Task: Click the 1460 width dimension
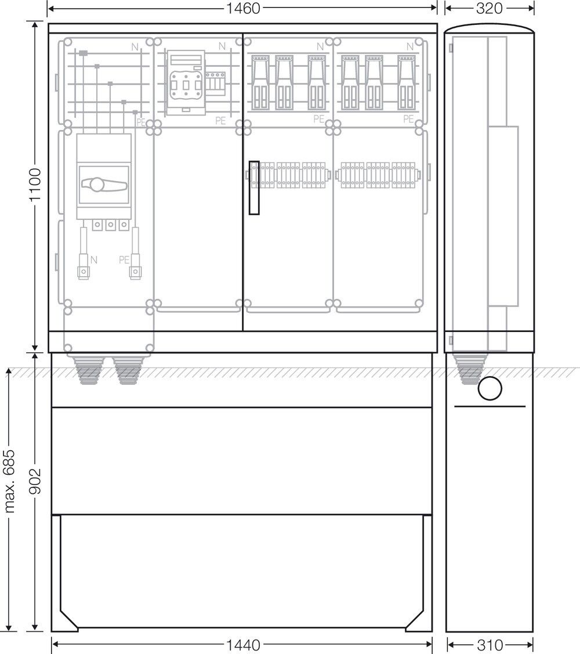pyautogui.click(x=242, y=8)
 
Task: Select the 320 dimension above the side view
pyautogui.click(x=489, y=8)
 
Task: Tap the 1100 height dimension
pyautogui.click(x=35, y=185)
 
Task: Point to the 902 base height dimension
pyautogui.click(x=35, y=481)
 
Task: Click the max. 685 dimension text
pyautogui.click(x=9, y=481)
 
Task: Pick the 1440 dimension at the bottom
pyautogui.click(x=243, y=645)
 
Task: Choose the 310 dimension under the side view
pyautogui.click(x=490, y=645)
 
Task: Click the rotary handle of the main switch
pyautogui.click(x=103, y=185)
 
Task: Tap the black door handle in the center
pyautogui.click(x=255, y=187)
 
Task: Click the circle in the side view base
pyautogui.click(x=490, y=388)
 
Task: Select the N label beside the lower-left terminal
pyautogui.click(x=94, y=260)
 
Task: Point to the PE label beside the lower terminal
pyautogui.click(x=124, y=260)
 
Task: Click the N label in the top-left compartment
pyautogui.click(x=135, y=47)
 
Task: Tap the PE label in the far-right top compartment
pyautogui.click(x=408, y=119)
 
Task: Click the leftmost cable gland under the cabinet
pyautogui.click(x=87, y=370)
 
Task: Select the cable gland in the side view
pyautogui.click(x=469, y=368)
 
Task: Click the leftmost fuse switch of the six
pyautogui.click(x=260, y=82)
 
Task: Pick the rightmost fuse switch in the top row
pyautogui.click(x=407, y=82)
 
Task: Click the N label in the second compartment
pyautogui.click(x=222, y=46)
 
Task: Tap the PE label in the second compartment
pyautogui.click(x=220, y=121)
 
